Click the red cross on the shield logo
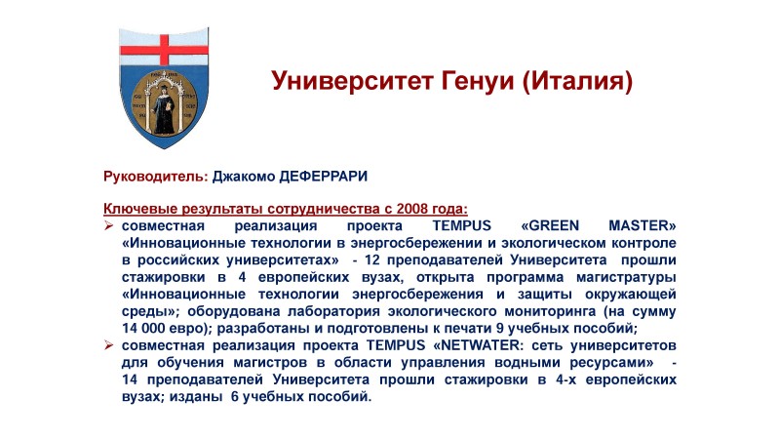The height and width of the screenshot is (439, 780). [x=164, y=50]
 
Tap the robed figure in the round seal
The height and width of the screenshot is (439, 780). [x=163, y=109]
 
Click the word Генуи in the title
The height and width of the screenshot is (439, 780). [x=477, y=81]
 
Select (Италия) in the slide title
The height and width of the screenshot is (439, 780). [x=577, y=81]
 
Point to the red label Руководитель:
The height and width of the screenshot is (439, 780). [x=156, y=177]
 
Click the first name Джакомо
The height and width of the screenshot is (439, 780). [x=244, y=177]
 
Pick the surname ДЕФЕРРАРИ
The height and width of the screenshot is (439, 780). [x=324, y=177]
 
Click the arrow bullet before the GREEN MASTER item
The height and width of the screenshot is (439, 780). [x=109, y=225]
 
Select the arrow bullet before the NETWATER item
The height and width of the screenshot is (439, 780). [x=109, y=345]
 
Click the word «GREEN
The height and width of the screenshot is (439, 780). [x=550, y=225]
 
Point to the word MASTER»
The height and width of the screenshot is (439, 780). [x=643, y=225]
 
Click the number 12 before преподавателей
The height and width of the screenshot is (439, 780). [x=373, y=259]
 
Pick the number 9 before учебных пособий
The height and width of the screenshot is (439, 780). [x=500, y=328]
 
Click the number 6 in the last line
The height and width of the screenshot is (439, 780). [x=235, y=397]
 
